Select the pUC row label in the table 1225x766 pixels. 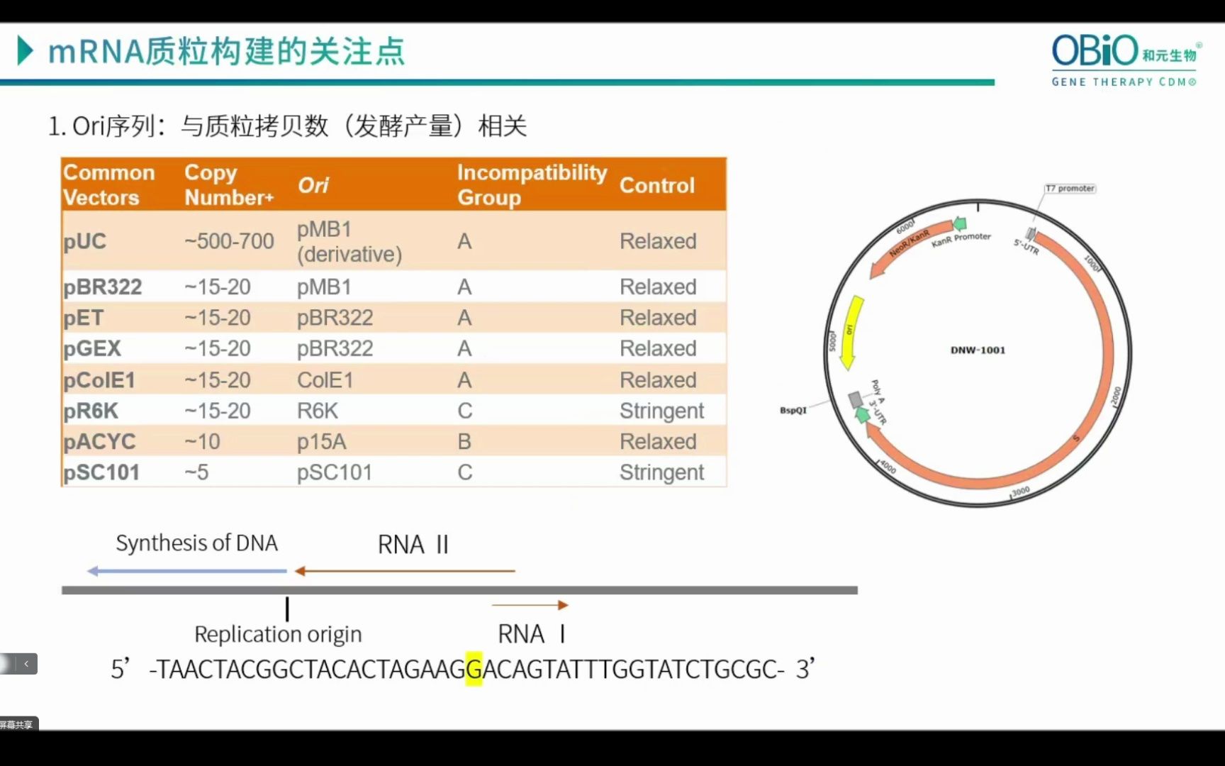[x=85, y=241]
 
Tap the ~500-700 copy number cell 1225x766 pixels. [x=229, y=241]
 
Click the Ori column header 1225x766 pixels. [x=313, y=185]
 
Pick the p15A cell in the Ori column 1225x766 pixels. [x=321, y=442]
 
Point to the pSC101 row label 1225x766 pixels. [x=101, y=472]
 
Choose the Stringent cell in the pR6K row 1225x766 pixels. [x=661, y=411]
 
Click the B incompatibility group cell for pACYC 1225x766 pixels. [x=464, y=442]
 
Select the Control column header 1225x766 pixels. [x=656, y=185]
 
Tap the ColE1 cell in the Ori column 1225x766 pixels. [x=325, y=380]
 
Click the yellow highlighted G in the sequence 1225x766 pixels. [x=474, y=669]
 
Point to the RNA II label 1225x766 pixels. [x=413, y=545]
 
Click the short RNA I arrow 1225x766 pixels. [x=530, y=605]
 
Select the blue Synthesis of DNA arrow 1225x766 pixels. [x=187, y=571]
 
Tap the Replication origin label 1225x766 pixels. [x=278, y=633]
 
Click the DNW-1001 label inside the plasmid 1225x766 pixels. [x=978, y=350]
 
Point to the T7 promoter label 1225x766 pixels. [x=1070, y=189]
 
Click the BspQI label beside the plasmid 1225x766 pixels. [x=793, y=410]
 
